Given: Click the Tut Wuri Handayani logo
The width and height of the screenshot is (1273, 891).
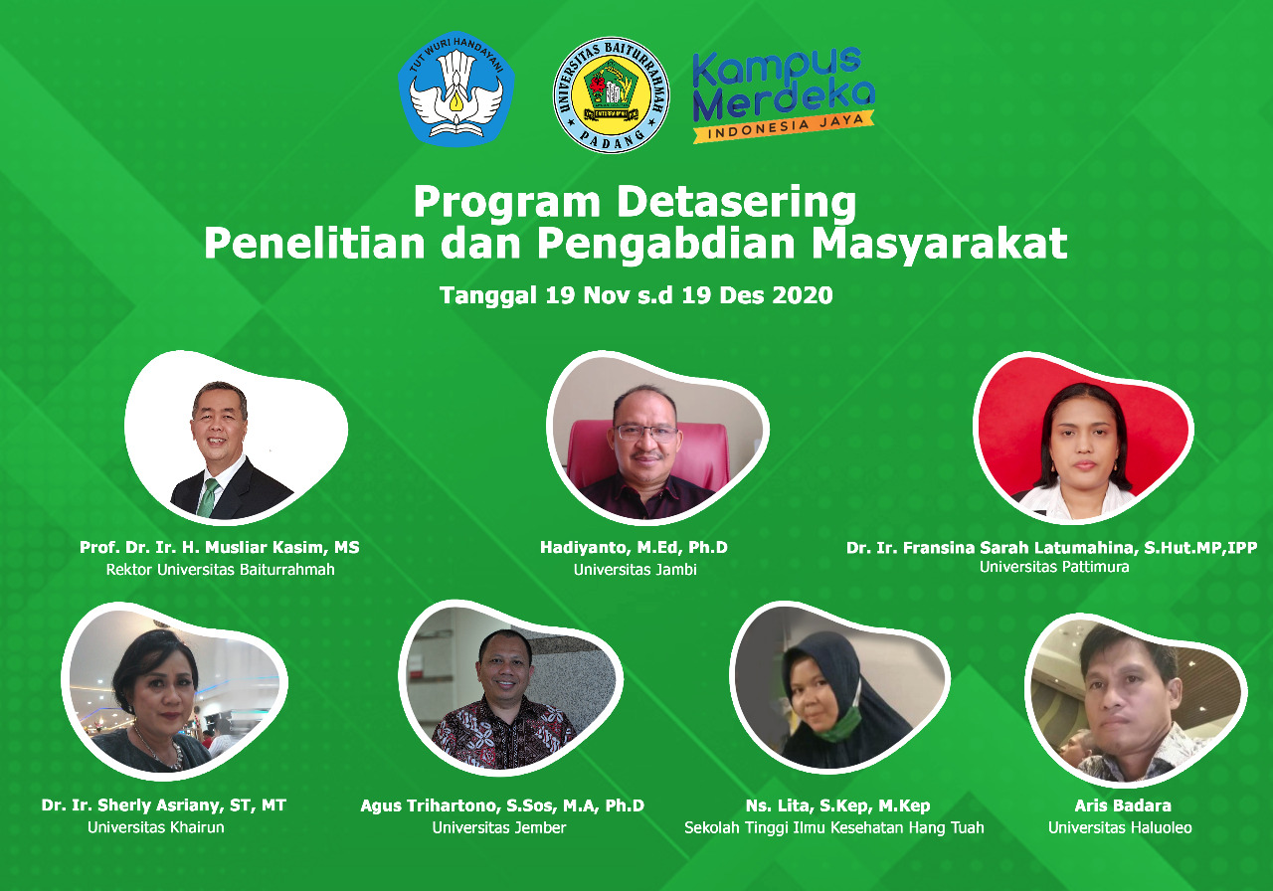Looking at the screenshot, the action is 456,89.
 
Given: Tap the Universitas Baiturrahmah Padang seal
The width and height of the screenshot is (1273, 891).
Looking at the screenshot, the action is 611,94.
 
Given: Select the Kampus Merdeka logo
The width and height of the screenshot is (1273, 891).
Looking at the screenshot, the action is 783,94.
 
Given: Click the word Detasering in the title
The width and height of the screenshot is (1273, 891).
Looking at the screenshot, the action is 736,203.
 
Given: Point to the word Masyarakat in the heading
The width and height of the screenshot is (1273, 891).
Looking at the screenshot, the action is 940,245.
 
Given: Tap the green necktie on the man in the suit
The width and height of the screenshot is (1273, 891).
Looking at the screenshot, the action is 208,497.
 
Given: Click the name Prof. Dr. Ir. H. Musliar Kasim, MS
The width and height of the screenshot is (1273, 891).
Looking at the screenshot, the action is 220,547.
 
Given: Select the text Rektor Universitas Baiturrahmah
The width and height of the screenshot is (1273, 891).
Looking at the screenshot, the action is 221,570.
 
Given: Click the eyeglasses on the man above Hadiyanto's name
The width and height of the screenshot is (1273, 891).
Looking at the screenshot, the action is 647,433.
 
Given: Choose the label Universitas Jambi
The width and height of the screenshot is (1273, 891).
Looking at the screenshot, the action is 635,570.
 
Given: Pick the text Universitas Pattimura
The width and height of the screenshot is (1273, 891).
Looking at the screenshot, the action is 1054,567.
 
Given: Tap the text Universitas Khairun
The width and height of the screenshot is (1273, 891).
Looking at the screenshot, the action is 156,827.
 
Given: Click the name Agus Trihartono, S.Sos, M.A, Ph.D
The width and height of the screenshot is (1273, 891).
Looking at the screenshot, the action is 502,805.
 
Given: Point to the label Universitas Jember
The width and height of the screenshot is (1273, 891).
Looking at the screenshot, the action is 499,827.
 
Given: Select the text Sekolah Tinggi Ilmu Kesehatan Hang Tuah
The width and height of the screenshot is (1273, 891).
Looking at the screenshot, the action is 833,828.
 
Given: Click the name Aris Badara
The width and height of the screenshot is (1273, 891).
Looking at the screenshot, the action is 1123,805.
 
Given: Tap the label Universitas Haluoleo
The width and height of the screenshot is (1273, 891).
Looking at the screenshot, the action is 1120,827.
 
